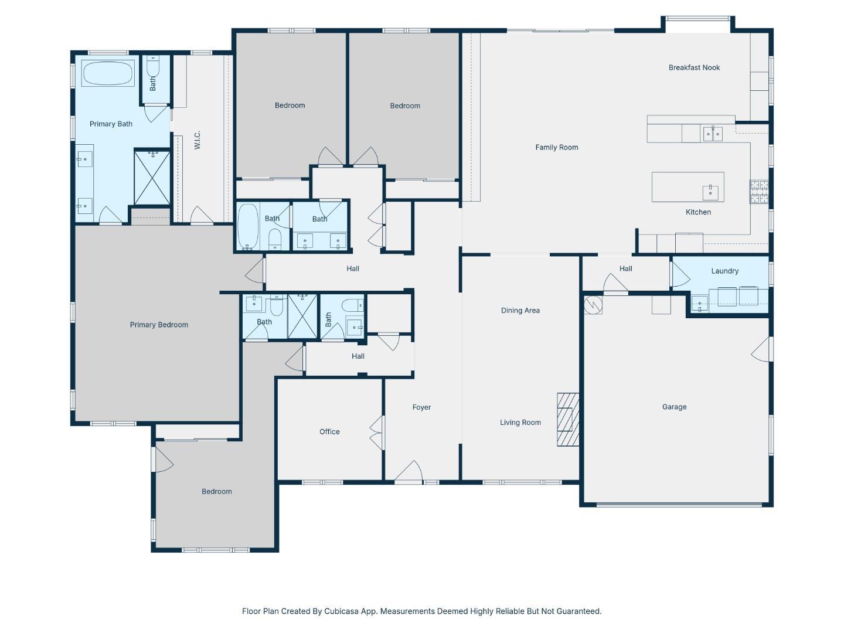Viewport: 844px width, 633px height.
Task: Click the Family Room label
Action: click(x=556, y=147)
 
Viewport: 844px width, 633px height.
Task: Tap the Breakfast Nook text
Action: click(x=693, y=67)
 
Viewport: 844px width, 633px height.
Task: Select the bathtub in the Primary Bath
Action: click(x=107, y=73)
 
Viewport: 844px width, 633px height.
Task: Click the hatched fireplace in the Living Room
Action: click(x=567, y=419)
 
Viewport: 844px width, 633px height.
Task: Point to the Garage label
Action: click(x=673, y=407)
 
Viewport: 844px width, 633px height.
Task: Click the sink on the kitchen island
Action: click(x=710, y=192)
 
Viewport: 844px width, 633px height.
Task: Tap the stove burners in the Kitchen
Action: click(x=758, y=192)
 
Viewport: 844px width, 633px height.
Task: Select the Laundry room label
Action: click(x=724, y=271)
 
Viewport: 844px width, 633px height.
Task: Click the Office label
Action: click(x=329, y=431)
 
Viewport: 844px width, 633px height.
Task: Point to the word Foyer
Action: click(x=421, y=407)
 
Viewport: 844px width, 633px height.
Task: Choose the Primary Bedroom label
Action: click(x=159, y=325)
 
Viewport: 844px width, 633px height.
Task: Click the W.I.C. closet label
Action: click(x=198, y=140)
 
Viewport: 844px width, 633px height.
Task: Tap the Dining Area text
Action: click(x=520, y=310)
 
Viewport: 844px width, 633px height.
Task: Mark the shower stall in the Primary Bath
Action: click(x=152, y=178)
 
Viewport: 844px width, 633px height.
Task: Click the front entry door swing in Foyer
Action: click(x=409, y=471)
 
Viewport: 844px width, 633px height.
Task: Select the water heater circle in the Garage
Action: click(x=593, y=305)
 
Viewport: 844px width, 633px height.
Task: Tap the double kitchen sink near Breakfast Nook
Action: click(x=713, y=134)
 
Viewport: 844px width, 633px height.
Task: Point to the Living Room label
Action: click(x=520, y=423)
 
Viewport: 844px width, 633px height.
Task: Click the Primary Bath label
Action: click(x=111, y=124)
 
